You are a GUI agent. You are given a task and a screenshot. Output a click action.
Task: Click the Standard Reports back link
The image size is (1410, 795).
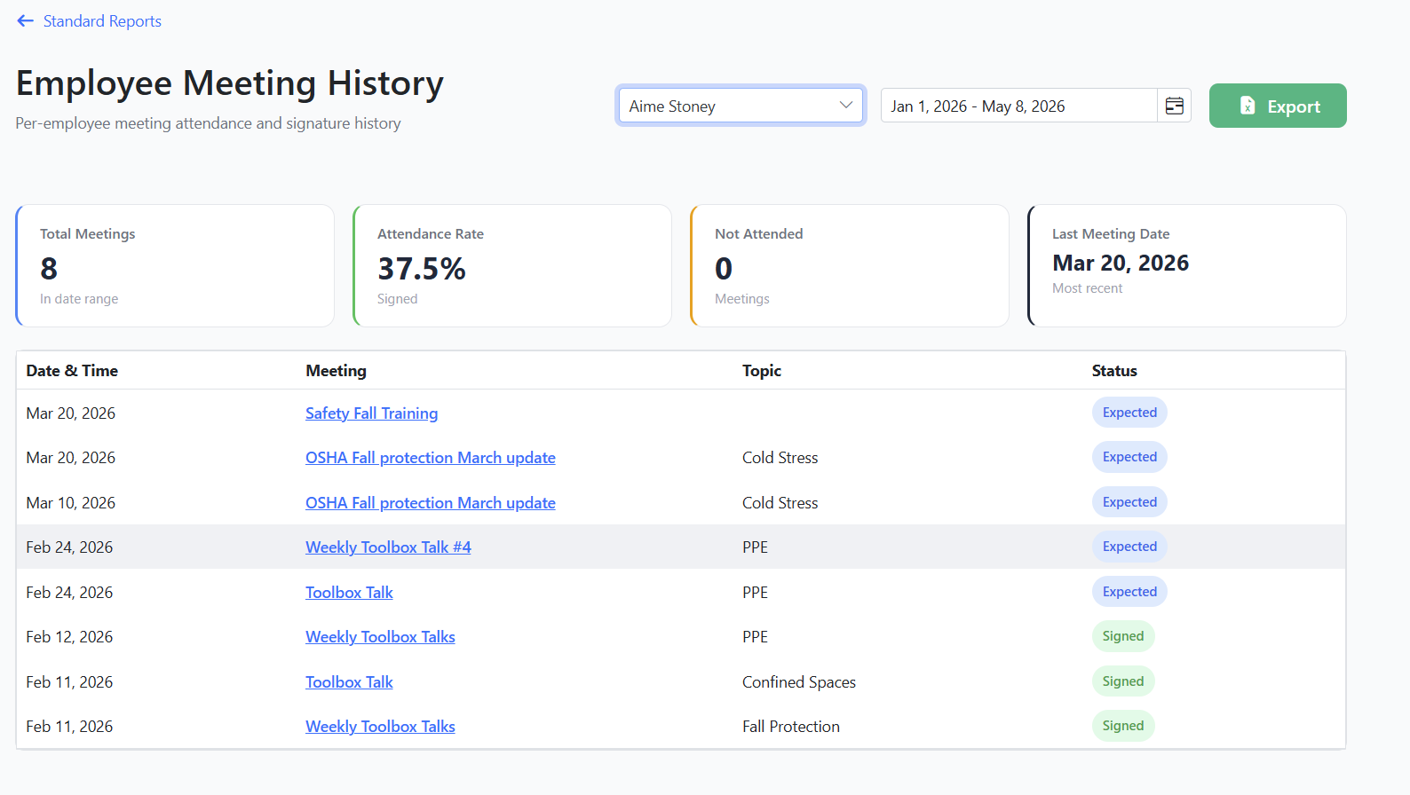pyautogui.click(x=89, y=21)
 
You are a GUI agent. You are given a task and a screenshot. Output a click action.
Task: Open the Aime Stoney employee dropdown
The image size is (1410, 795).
pyautogui.click(x=741, y=106)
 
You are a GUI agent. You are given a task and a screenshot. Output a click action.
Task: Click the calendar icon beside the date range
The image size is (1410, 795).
pyautogui.click(x=1174, y=106)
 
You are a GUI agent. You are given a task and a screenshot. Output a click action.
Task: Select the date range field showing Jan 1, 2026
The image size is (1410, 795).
pyautogui.click(x=1018, y=106)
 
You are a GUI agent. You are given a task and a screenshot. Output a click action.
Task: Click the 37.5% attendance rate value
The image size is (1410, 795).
pyautogui.click(x=421, y=269)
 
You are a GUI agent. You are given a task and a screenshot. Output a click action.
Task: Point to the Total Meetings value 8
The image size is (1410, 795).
pyautogui.click(x=49, y=269)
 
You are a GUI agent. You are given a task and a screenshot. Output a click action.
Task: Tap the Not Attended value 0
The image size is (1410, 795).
pyautogui.click(x=724, y=269)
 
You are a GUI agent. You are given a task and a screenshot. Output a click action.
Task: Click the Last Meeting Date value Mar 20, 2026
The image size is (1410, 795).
pyautogui.click(x=1121, y=263)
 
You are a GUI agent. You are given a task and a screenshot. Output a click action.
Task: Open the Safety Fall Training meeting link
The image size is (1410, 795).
pyautogui.click(x=371, y=413)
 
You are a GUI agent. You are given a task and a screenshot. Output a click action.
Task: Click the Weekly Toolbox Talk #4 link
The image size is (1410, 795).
pyautogui.click(x=388, y=547)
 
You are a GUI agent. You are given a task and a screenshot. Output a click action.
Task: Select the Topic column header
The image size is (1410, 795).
pyautogui.click(x=762, y=371)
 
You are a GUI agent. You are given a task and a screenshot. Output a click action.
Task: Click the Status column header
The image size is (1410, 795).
pyautogui.click(x=1114, y=371)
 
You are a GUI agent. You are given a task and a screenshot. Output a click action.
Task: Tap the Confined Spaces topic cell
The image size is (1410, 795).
pyautogui.click(x=799, y=681)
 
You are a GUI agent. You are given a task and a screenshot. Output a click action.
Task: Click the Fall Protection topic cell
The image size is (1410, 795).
pyautogui.click(x=790, y=727)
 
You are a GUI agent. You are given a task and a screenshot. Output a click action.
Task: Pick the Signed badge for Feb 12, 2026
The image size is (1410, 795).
pyautogui.click(x=1123, y=636)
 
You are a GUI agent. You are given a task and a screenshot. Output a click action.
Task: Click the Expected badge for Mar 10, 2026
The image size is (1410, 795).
pyautogui.click(x=1129, y=502)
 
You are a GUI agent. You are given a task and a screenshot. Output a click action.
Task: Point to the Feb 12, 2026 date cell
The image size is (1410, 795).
pyautogui.click(x=69, y=637)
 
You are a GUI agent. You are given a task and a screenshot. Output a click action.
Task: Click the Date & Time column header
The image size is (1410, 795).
pyautogui.click(x=72, y=371)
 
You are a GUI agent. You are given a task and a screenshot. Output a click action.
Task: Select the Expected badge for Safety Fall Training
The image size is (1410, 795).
pyautogui.click(x=1129, y=413)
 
